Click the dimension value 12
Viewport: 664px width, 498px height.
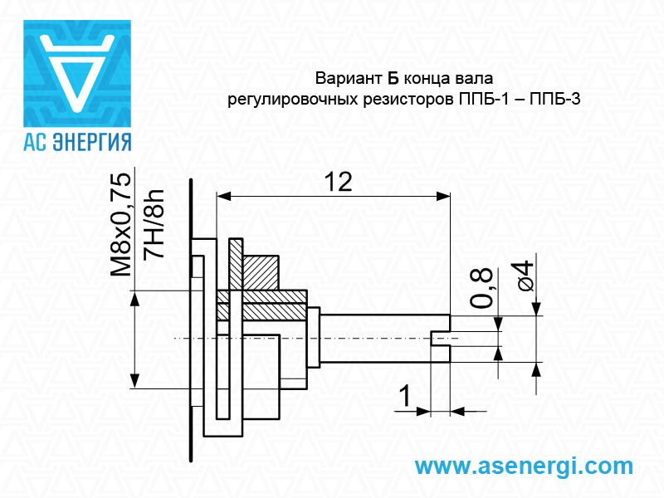337,182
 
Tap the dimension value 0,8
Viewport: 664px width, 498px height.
481,289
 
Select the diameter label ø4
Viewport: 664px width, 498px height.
523,276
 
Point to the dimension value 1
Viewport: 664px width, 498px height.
404,397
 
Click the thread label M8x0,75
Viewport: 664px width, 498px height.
121,225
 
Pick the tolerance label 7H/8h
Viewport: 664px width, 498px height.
154,225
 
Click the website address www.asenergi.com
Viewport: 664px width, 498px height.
523,466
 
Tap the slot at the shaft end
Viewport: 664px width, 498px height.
441,338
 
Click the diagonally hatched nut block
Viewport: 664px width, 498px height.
261,271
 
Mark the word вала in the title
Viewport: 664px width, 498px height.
474,80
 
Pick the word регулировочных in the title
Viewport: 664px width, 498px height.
297,100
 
